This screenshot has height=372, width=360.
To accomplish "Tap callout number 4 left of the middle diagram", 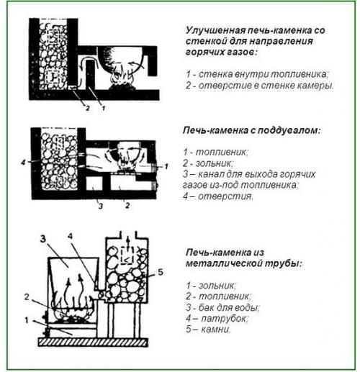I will pos(24,163).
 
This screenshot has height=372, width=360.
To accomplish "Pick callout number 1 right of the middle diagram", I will pos(166,165).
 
